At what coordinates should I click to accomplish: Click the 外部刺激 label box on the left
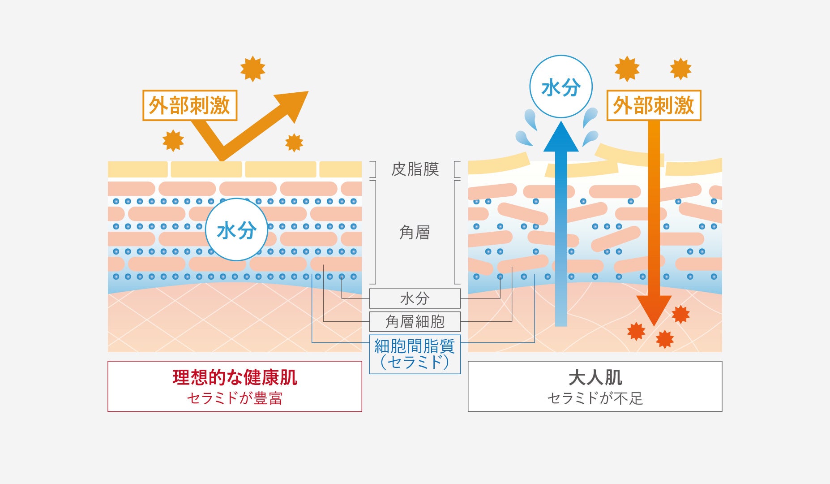click(x=189, y=106)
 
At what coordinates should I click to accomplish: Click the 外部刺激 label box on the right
click(x=653, y=106)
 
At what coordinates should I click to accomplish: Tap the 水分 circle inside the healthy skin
click(x=236, y=230)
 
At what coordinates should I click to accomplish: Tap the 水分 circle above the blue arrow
click(x=560, y=87)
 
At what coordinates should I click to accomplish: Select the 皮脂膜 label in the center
click(x=415, y=169)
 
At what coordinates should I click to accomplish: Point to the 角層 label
click(x=415, y=233)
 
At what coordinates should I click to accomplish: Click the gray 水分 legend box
click(x=415, y=298)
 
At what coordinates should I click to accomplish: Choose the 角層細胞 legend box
click(x=415, y=321)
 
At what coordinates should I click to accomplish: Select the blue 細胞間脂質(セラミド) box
click(x=415, y=354)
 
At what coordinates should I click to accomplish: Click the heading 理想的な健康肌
click(x=235, y=377)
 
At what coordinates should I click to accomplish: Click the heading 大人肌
click(x=595, y=377)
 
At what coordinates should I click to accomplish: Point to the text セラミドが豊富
click(x=235, y=398)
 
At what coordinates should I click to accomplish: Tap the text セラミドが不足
click(x=595, y=398)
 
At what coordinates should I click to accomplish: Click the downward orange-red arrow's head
click(x=654, y=309)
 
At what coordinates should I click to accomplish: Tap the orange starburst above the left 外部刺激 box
click(x=252, y=69)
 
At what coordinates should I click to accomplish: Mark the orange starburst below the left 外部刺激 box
click(x=173, y=141)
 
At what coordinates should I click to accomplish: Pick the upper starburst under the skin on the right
click(x=680, y=315)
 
